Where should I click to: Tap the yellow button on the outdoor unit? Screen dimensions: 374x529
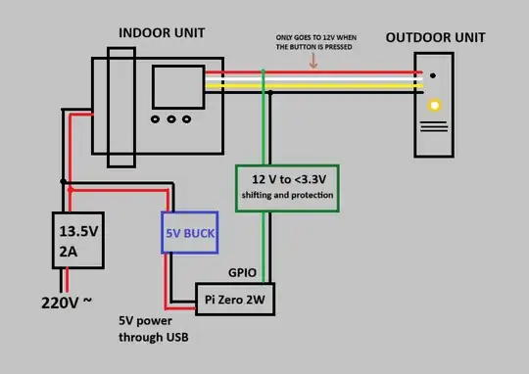tap(434, 104)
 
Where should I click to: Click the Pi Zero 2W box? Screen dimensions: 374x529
tap(235, 299)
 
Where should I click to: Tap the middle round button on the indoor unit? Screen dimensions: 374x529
tap(172, 120)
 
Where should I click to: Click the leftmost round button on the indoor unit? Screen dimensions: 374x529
tap(157, 120)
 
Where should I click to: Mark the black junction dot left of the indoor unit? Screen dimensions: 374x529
tap(65, 181)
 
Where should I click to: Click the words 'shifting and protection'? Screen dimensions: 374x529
tap(287, 196)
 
